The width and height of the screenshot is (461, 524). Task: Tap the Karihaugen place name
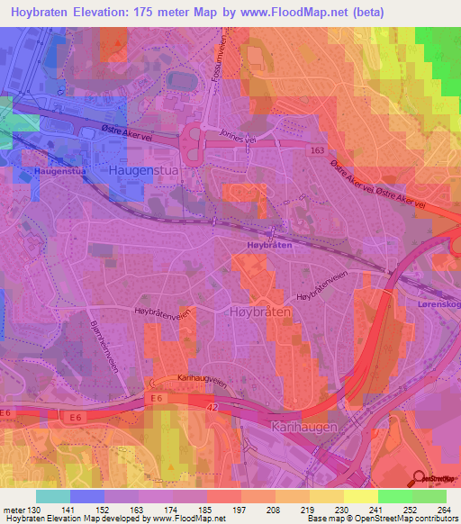click(303, 424)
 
